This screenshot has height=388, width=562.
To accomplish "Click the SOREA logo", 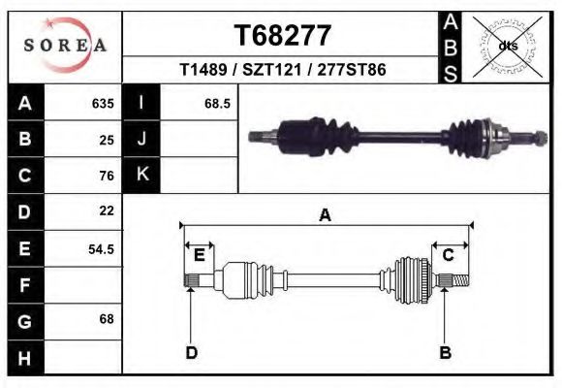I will [64, 46].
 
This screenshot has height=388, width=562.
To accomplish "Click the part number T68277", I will [283, 36].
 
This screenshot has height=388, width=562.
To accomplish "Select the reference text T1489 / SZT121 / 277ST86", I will [283, 71].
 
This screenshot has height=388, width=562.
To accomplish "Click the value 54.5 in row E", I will [101, 248].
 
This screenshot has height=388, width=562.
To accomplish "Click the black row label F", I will [24, 285].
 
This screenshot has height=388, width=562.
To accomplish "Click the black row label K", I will [141, 175].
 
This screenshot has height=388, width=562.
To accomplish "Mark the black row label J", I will [141, 139].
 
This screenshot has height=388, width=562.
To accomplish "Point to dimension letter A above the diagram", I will [325, 215].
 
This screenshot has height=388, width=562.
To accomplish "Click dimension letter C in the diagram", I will [449, 255].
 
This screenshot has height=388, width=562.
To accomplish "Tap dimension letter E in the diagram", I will [199, 255].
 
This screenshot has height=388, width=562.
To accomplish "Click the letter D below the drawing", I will [192, 353].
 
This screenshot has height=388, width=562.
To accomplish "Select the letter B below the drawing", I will [445, 353].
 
